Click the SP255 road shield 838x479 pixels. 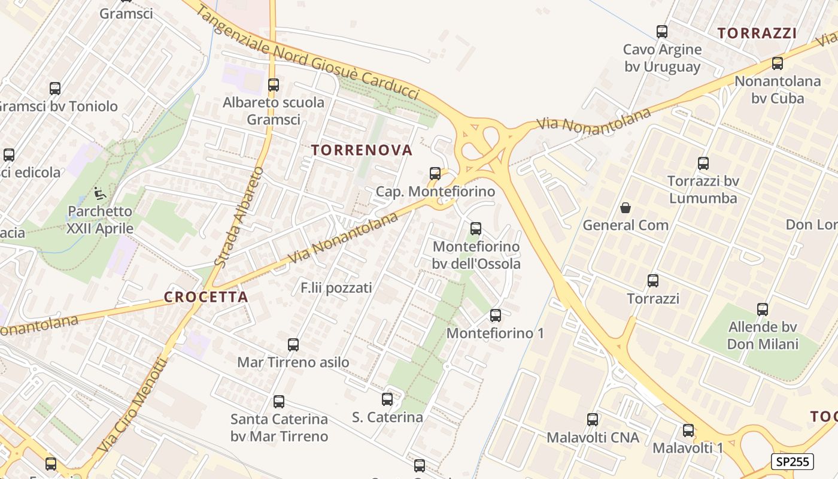click(x=791, y=462)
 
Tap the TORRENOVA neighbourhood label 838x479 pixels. click(x=362, y=150)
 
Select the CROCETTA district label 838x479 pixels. click(x=205, y=297)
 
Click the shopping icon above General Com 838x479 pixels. click(x=626, y=208)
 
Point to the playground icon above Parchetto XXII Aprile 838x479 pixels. click(x=100, y=193)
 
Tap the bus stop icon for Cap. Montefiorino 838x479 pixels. click(x=435, y=174)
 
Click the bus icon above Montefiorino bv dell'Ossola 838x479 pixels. click(x=476, y=228)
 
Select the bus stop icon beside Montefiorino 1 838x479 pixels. click(x=496, y=316)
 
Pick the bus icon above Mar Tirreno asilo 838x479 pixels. click(x=293, y=345)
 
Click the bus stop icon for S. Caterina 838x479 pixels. click(x=387, y=399)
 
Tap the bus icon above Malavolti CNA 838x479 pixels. click(x=593, y=420)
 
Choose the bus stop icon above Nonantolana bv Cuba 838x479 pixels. click(x=778, y=63)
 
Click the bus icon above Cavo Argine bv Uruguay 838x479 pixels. click(x=662, y=32)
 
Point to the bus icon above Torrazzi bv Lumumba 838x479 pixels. click(x=703, y=163)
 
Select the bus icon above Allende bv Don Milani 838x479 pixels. click(x=763, y=310)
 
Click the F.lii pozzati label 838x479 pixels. click(x=336, y=288)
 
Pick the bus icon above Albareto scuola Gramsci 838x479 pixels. click(x=274, y=85)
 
